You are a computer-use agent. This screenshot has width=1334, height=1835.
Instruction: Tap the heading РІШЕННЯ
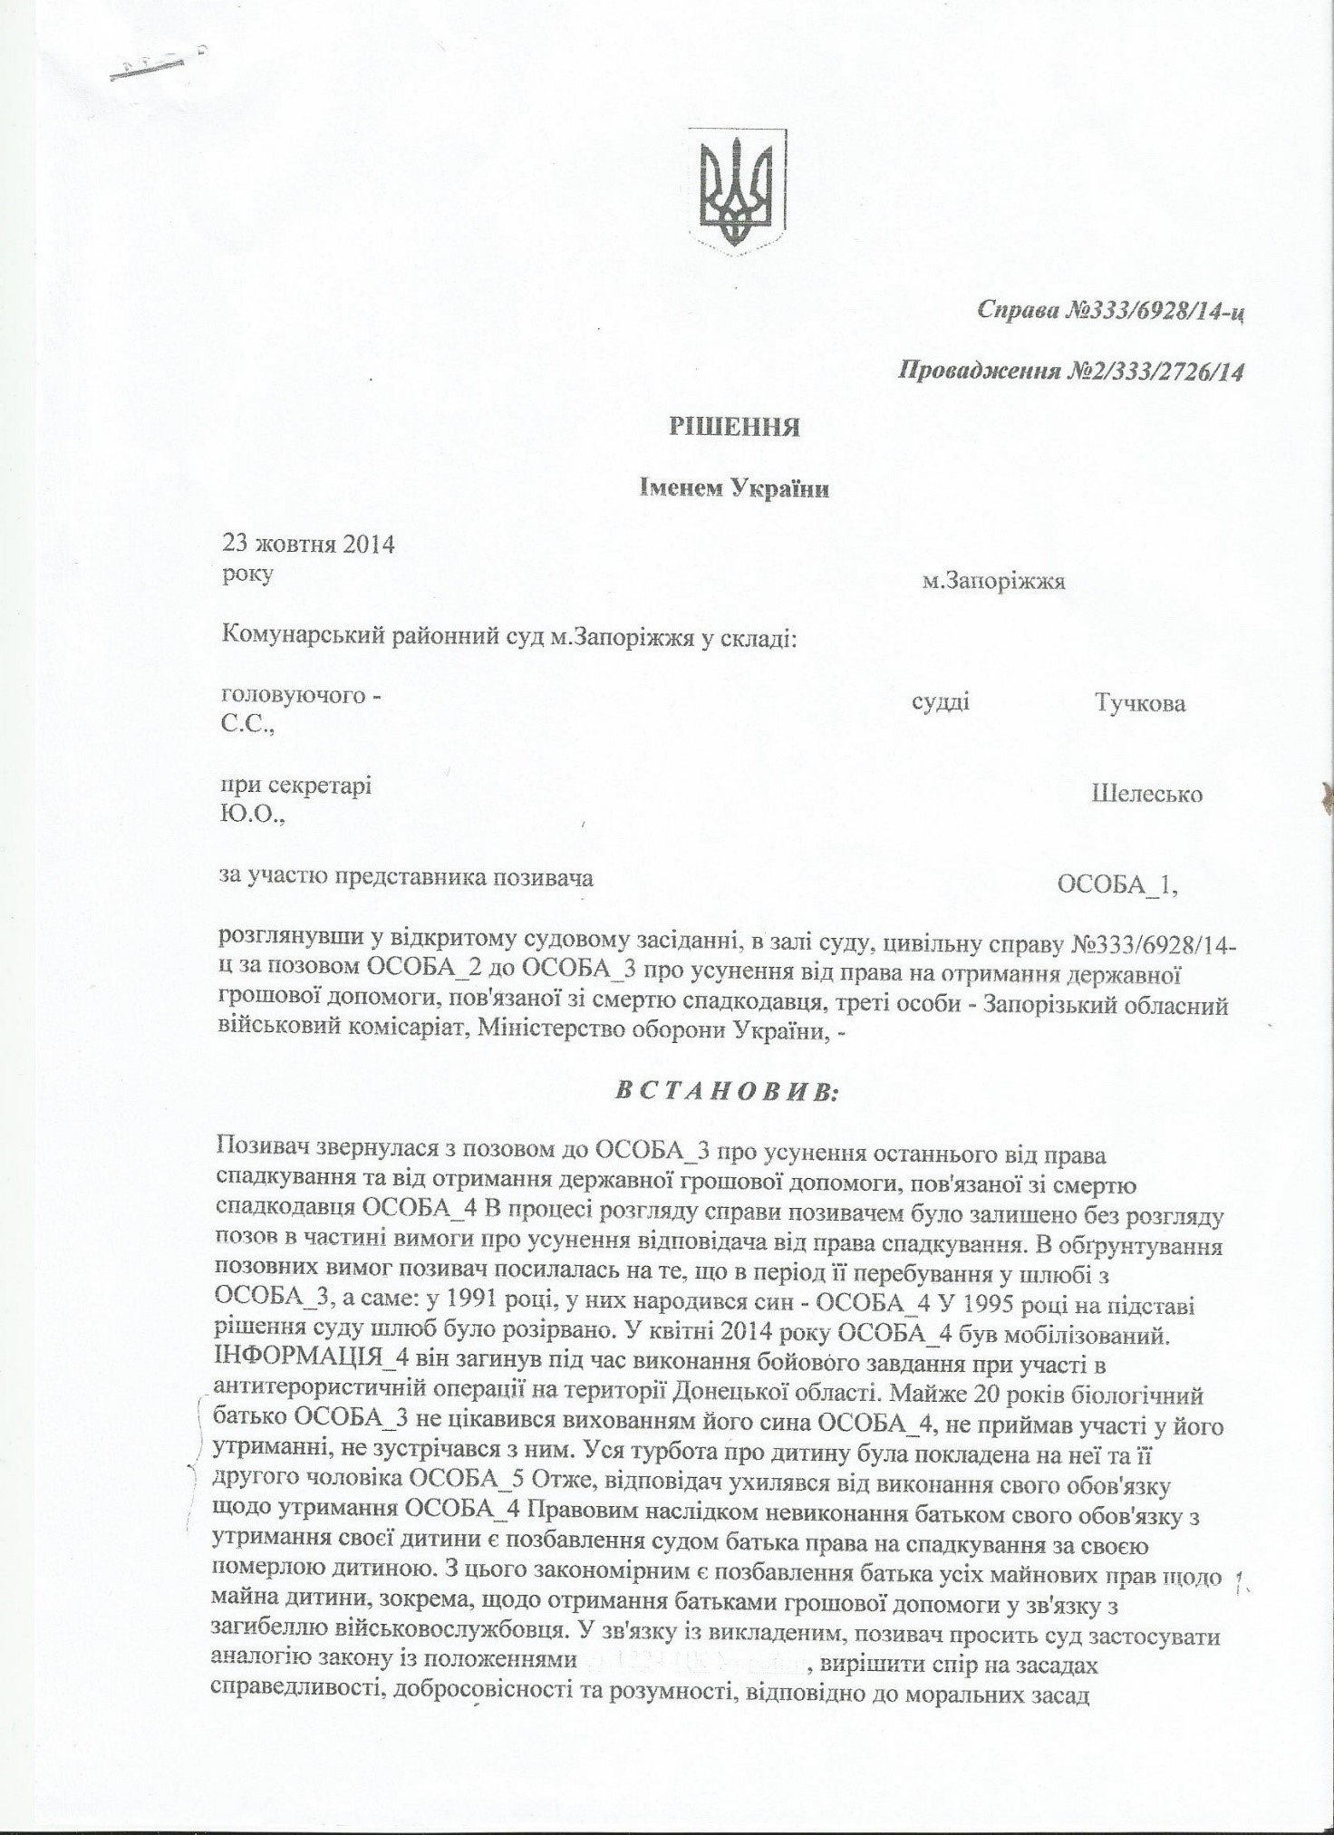[x=733, y=427]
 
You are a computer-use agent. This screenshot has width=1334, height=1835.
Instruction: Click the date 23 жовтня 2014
[x=308, y=545]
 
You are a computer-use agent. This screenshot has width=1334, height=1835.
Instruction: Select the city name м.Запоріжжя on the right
[x=992, y=582]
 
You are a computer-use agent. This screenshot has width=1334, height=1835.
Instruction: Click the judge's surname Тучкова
[x=1140, y=704]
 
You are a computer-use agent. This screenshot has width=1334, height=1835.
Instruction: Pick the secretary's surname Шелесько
[x=1147, y=795]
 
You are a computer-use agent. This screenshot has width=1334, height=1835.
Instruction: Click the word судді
[x=940, y=702]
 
